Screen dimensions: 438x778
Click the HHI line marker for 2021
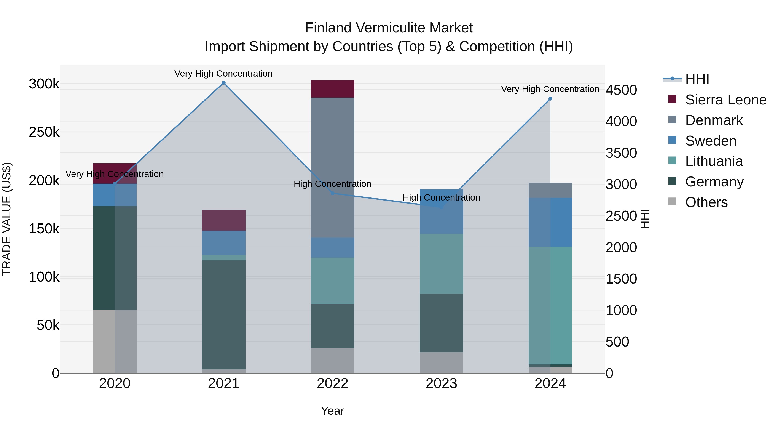(x=223, y=83)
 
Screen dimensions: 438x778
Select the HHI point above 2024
(x=550, y=99)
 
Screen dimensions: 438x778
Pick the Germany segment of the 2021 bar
(x=223, y=314)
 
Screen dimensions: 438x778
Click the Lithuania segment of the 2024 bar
(x=550, y=305)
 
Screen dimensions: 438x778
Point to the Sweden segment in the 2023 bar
(x=441, y=212)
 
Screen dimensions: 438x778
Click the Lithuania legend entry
(x=714, y=161)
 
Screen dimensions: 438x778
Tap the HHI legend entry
(x=697, y=79)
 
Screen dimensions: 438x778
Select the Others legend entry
(x=706, y=202)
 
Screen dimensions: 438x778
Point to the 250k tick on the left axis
(x=44, y=132)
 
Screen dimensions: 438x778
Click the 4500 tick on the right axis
(x=621, y=90)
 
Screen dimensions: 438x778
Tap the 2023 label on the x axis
(x=441, y=383)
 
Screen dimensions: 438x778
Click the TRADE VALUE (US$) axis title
(x=7, y=219)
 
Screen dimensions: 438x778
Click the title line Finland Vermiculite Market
(x=389, y=28)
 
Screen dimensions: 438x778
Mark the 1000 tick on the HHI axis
(x=621, y=310)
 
